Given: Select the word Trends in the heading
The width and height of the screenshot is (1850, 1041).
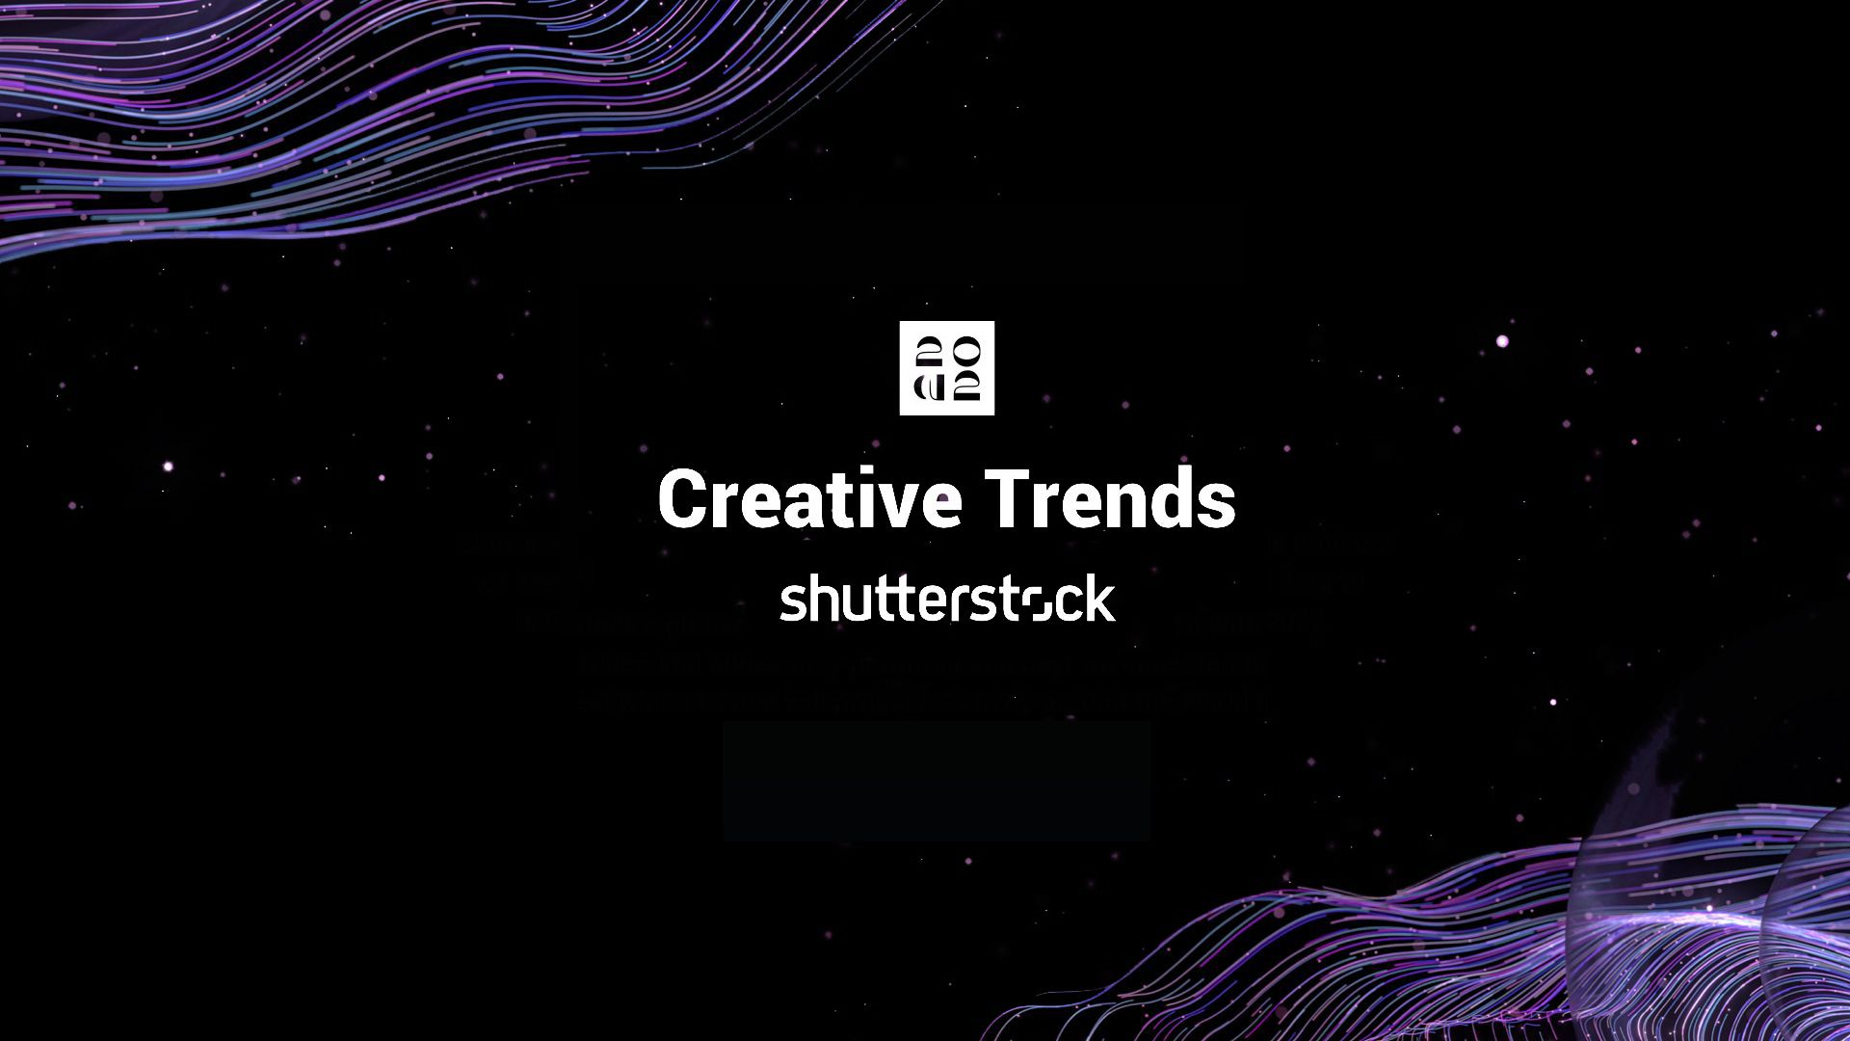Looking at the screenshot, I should coord(1112,499).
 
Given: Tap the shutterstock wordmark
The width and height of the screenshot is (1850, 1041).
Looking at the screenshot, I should coord(947,600).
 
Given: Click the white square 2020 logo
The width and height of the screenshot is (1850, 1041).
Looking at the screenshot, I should coord(946,368).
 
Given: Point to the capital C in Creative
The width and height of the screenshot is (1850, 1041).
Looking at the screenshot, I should coord(685,499).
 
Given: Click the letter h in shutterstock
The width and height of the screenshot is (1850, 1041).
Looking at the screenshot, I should coord(819,600).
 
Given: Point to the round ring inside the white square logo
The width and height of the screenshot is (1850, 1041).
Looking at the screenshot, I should coord(966,351).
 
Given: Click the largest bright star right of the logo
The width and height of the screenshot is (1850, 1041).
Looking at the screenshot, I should coord(1502,341).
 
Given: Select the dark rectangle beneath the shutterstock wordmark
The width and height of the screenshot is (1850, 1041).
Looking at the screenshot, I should coord(937,781).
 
